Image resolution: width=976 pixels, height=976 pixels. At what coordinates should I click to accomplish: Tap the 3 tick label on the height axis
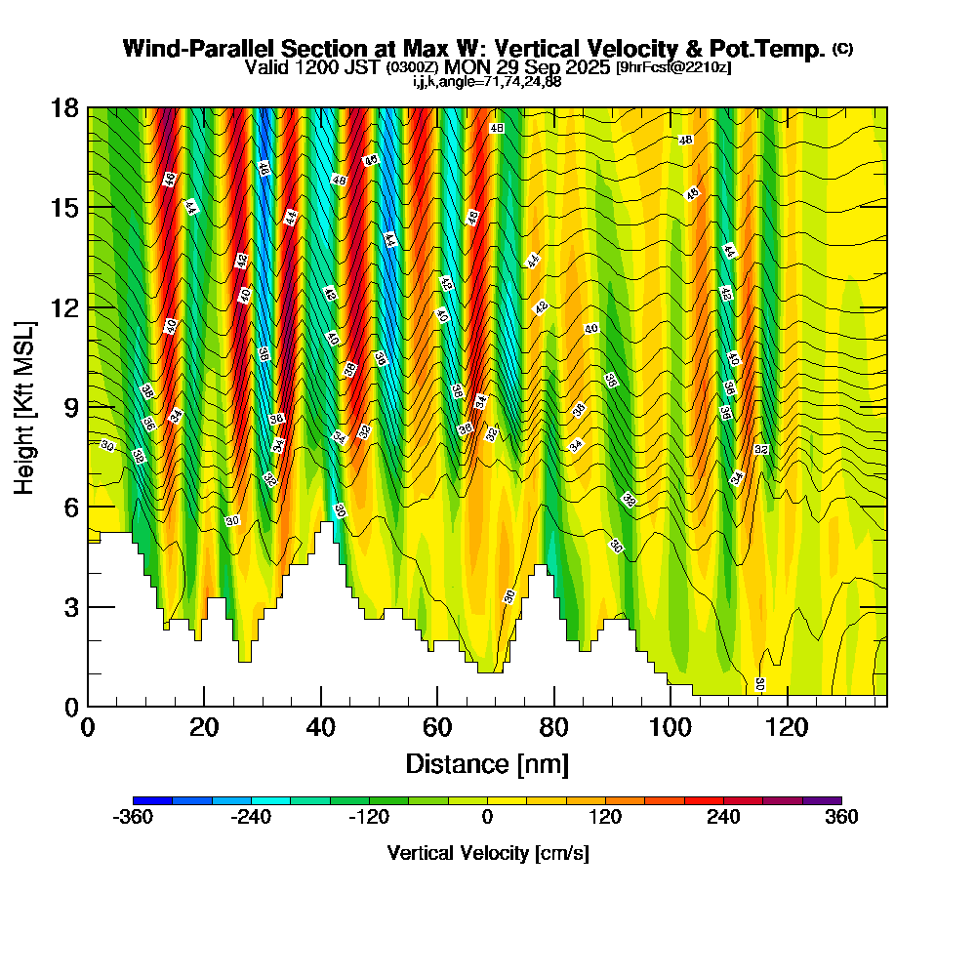[x=69, y=607]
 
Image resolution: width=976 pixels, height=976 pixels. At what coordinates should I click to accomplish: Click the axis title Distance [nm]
[x=486, y=763]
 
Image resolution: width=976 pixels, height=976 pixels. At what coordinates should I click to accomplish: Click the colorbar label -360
[x=134, y=818]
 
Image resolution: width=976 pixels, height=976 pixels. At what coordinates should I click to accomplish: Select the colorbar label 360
[x=840, y=818]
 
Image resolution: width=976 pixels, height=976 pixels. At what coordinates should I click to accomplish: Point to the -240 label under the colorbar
[x=251, y=818]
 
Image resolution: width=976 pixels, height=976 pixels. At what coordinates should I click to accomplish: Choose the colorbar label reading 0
[x=487, y=818]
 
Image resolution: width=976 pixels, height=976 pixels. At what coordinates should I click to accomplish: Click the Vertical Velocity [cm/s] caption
[x=487, y=853]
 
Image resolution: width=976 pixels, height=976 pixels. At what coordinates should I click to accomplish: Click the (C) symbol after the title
[x=841, y=49]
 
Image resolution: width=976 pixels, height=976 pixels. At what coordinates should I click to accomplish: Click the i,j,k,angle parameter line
[x=486, y=81]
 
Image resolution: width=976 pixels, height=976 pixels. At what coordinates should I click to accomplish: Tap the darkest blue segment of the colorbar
[x=152, y=800]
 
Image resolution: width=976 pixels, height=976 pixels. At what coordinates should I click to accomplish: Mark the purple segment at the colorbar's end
[x=822, y=800]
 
